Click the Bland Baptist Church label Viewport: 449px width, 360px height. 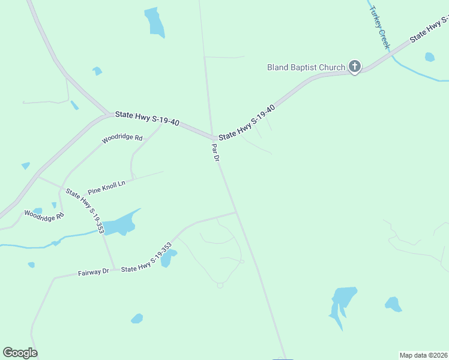click(x=306, y=67)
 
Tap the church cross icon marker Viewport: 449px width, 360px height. click(x=355, y=67)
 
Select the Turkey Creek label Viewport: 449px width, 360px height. click(x=379, y=28)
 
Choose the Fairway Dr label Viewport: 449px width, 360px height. click(x=93, y=272)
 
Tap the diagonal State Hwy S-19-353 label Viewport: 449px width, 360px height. click(x=85, y=211)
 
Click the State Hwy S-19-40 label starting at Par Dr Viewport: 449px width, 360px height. click(x=246, y=122)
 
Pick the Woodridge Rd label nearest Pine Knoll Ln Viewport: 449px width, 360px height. click(x=122, y=139)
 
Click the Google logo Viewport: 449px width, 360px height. click(x=20, y=353)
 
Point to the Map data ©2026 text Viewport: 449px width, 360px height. click(x=423, y=355)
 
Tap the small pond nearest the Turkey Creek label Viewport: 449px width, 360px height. click(x=429, y=57)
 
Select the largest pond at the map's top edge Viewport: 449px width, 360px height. click(x=154, y=22)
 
